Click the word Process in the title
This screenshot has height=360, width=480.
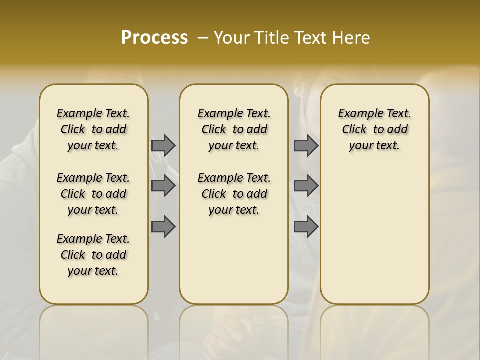[x=154, y=38]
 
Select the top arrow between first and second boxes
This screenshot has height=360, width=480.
[x=163, y=145]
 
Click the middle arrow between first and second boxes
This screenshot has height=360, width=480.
[x=163, y=186]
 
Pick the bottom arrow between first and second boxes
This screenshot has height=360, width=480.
[x=163, y=226]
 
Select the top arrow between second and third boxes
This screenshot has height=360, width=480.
[x=306, y=145]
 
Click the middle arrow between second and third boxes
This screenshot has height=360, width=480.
[x=306, y=186]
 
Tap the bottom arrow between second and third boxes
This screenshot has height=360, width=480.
[x=306, y=226]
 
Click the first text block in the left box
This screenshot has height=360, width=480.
[x=93, y=129]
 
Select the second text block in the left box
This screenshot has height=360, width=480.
[x=93, y=194]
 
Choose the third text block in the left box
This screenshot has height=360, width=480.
[x=93, y=255]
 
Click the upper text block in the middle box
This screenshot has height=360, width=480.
[x=234, y=129]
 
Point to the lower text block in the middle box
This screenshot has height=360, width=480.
[x=234, y=194]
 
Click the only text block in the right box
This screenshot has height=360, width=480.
[x=374, y=129]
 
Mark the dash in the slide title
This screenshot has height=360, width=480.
[x=203, y=38]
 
